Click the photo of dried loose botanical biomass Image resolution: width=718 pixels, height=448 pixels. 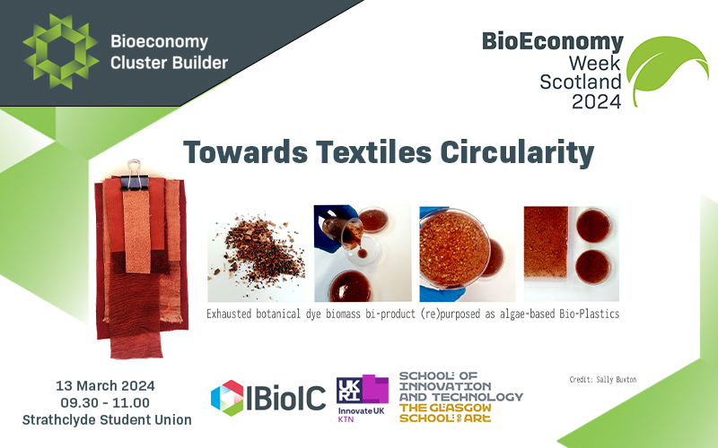tap(256, 253)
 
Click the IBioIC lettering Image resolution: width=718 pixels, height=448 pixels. tap(286, 398)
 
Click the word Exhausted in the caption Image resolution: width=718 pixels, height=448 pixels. tap(232, 314)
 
